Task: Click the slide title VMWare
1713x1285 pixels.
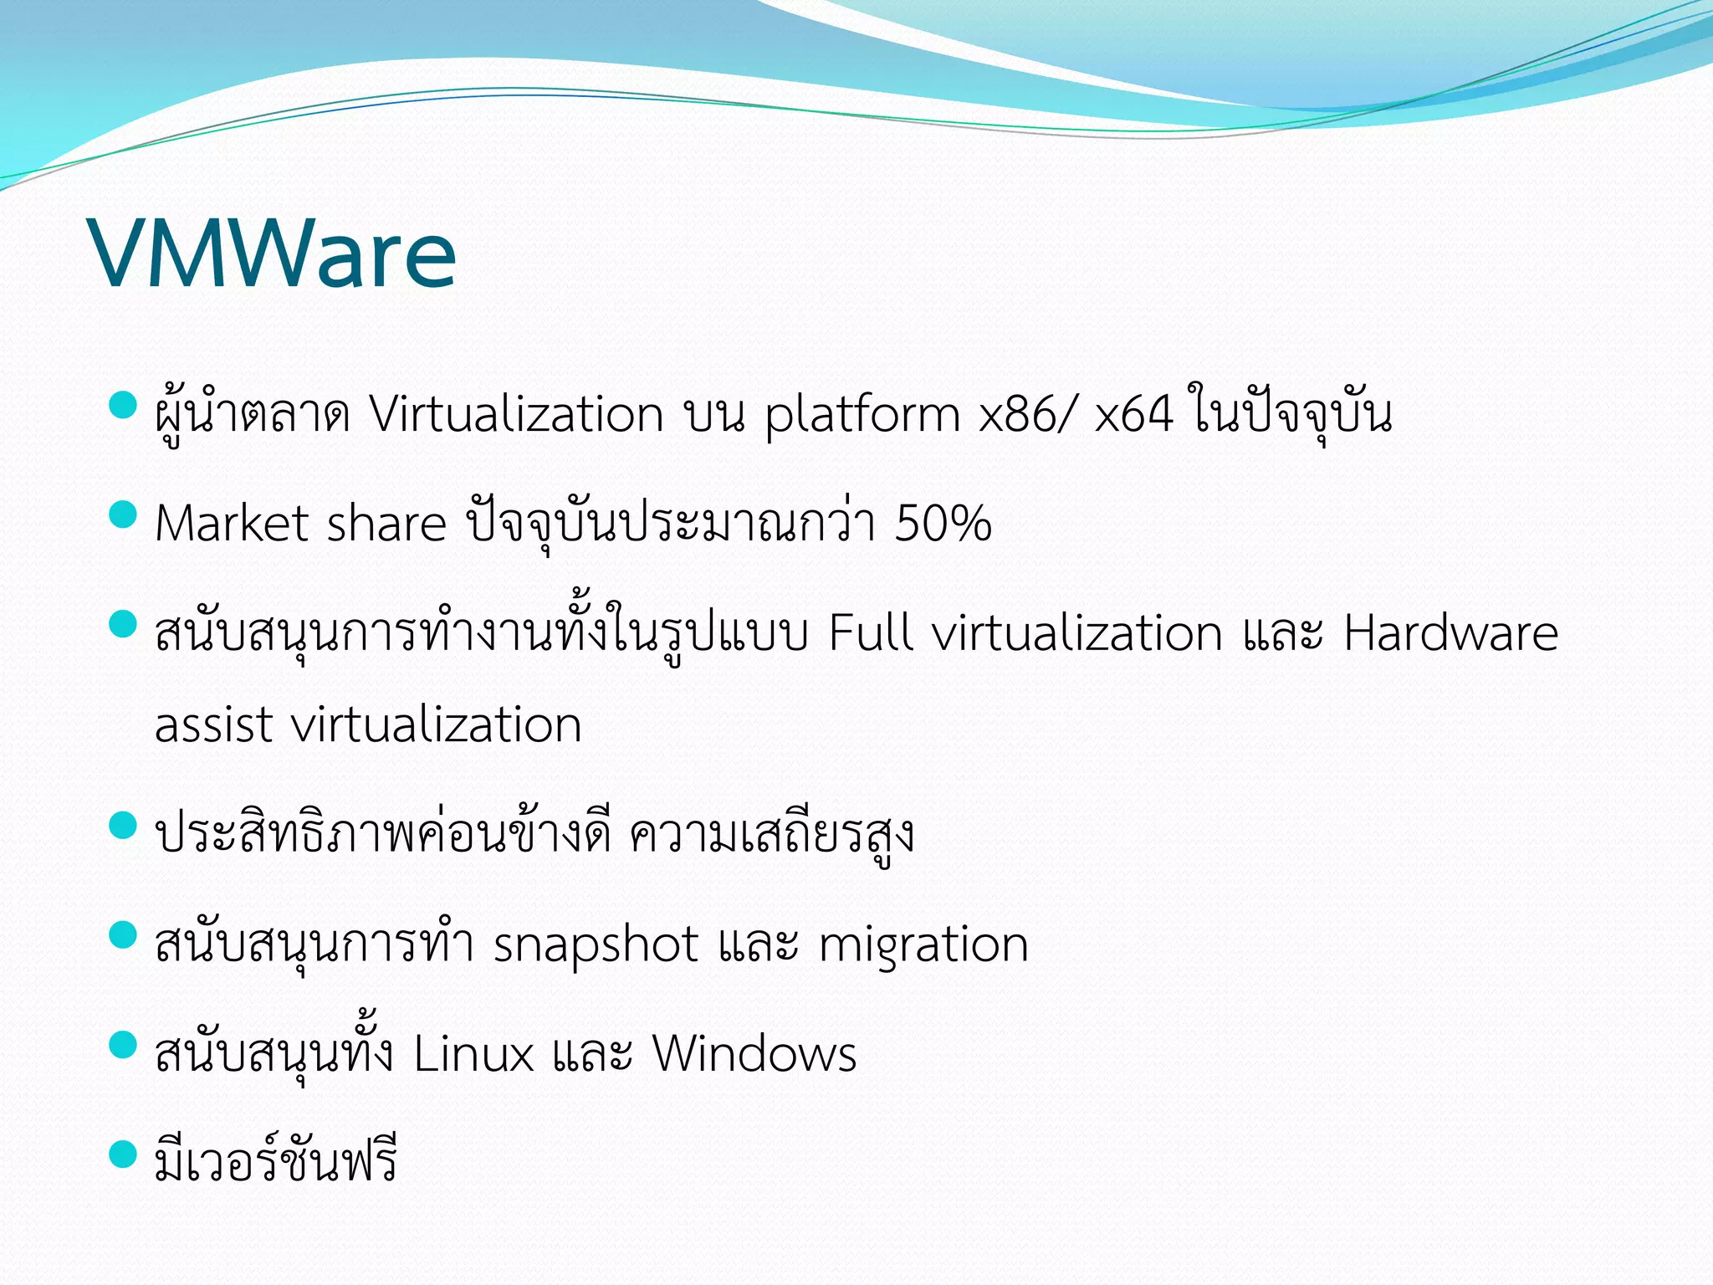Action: click(273, 253)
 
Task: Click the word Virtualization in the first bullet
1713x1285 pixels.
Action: click(517, 415)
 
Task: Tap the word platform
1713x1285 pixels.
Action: click(862, 417)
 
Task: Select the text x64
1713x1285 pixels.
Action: click(1133, 415)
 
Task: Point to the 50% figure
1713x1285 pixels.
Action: click(943, 525)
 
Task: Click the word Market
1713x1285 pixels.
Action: click(232, 525)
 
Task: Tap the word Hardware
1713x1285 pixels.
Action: click(1450, 632)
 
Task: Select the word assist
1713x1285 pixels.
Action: click(213, 724)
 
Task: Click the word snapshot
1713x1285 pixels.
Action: click(596, 945)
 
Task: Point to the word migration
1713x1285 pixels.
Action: click(923, 945)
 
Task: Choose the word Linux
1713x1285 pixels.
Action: click(473, 1053)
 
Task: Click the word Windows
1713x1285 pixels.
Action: click(754, 1053)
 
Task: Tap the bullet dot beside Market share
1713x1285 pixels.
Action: click(123, 515)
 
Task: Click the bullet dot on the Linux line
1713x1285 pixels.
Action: click(123, 1045)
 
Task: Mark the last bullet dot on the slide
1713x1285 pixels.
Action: click(123, 1154)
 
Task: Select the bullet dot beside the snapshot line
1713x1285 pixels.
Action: click(123, 935)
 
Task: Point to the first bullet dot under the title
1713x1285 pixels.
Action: click(123, 405)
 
